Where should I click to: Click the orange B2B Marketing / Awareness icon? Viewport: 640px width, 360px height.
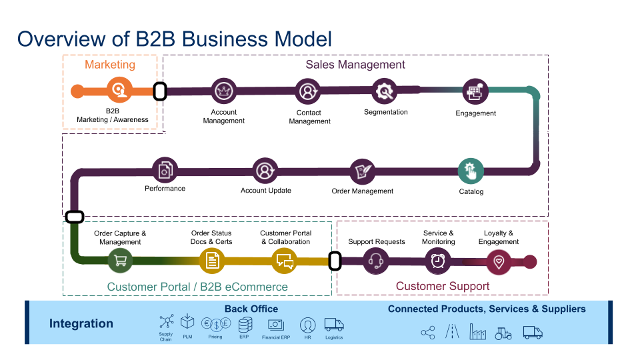point(120,90)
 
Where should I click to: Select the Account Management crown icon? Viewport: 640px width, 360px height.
point(224,91)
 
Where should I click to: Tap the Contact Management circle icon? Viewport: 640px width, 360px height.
point(308,91)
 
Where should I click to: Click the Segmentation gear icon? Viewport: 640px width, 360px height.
point(385,90)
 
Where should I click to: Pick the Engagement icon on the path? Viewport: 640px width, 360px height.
point(475,91)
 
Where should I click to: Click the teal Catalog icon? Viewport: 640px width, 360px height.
point(471,171)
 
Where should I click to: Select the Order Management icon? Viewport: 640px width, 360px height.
point(363,171)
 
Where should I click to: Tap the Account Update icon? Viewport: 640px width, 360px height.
point(265,171)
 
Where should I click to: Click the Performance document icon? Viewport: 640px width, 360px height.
point(165,171)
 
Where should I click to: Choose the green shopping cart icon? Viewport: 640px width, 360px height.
point(121,261)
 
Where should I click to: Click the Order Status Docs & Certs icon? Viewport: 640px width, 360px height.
point(212,261)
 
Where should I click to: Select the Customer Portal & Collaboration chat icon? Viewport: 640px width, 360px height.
point(285,261)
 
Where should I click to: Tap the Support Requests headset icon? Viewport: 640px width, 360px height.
point(376,261)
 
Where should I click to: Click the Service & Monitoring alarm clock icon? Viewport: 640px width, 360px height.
point(438,261)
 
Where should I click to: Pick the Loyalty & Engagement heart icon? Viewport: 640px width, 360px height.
point(499,261)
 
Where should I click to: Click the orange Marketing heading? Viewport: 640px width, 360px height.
point(110,65)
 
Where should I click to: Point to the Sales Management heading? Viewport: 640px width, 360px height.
point(355,65)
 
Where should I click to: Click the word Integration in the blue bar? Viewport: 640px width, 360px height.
point(81,323)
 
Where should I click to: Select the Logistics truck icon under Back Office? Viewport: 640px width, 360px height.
point(334,325)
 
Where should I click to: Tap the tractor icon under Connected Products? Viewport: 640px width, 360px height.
point(503,333)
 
